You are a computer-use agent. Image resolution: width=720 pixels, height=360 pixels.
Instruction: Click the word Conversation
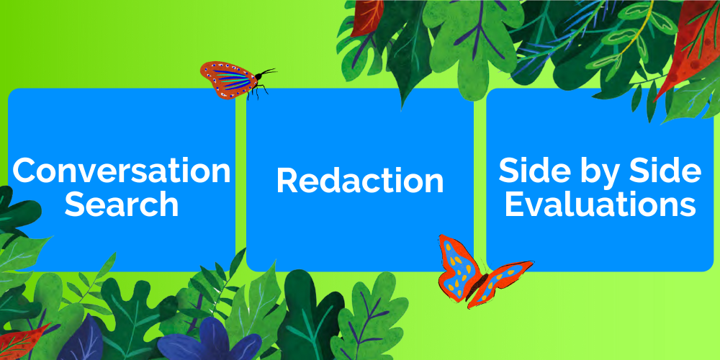[122, 171]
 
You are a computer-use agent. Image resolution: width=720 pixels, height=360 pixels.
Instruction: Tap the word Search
[122, 204]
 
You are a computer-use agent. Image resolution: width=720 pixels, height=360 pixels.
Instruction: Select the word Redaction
[360, 181]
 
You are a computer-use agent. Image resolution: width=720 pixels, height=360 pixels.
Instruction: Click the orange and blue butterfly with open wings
[482, 271]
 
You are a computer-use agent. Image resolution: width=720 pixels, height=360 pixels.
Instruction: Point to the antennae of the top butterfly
[267, 71]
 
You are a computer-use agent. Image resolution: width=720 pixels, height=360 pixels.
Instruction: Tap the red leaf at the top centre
[367, 17]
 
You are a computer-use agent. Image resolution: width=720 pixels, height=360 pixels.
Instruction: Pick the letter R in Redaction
[287, 181]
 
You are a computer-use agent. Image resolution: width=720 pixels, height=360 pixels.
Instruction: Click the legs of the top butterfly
[257, 91]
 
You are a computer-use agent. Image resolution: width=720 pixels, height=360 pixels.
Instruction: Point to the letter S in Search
[74, 204]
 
